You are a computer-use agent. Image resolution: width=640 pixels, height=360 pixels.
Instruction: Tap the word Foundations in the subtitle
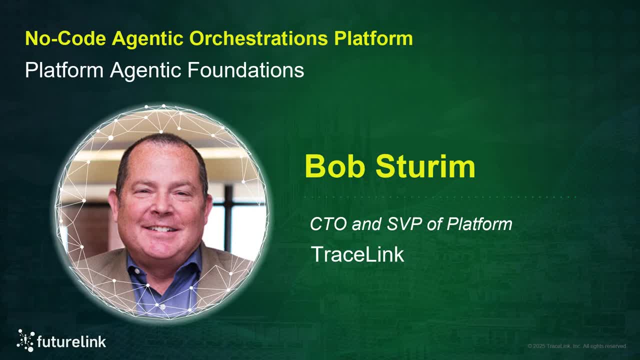[245, 70]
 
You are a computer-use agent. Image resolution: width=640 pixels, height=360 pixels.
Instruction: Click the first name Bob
[336, 166]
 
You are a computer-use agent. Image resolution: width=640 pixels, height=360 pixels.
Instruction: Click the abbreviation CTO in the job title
[328, 224]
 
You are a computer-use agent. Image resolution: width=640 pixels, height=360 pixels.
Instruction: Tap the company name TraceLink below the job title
[357, 254]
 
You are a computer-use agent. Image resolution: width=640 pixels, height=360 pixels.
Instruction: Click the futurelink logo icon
[25, 340]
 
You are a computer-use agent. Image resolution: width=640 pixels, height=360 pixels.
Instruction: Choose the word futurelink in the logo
[71, 342]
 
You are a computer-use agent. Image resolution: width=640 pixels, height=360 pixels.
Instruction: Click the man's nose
[159, 210]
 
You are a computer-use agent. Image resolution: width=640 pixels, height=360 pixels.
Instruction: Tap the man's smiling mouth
[160, 229]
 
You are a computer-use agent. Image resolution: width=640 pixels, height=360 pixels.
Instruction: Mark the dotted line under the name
[440, 198]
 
